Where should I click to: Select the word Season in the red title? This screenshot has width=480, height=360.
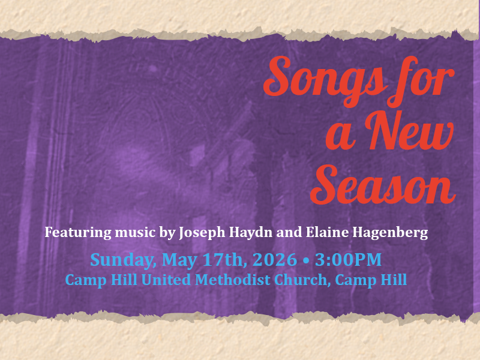pyautogui.click(x=383, y=185)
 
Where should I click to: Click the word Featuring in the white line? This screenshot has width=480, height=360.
pyautogui.click(x=78, y=233)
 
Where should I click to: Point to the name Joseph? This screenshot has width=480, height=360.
pyautogui.click(x=202, y=233)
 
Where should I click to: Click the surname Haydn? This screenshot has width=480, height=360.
pyautogui.click(x=251, y=233)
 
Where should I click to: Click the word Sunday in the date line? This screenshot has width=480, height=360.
pyautogui.click(x=121, y=260)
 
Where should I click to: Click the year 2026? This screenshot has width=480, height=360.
pyautogui.click(x=275, y=259)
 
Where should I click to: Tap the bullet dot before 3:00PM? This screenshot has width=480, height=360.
pyautogui.click(x=306, y=260)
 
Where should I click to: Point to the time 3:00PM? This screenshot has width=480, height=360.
pyautogui.click(x=348, y=259)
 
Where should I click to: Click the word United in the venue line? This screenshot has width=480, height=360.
pyautogui.click(x=166, y=280)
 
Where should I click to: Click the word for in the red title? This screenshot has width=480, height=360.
pyautogui.click(x=421, y=81)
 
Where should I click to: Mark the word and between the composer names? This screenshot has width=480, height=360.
pyautogui.click(x=289, y=232)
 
